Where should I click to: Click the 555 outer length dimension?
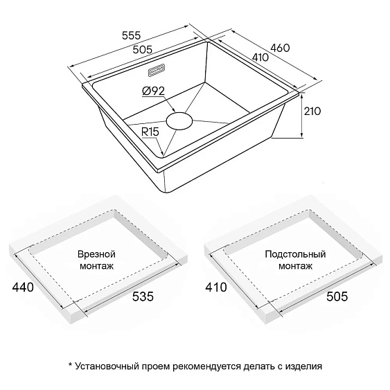[132, 35]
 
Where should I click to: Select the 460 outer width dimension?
[280, 48]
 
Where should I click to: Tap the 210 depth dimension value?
[312, 111]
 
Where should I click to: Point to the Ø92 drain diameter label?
[154, 91]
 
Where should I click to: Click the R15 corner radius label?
[150, 132]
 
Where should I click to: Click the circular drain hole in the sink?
[179, 121]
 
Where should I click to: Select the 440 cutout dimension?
[23, 287]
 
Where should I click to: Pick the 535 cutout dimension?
[143, 296]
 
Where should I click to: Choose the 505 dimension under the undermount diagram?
[337, 296]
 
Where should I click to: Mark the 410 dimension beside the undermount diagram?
[216, 287]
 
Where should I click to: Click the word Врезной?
[96, 254]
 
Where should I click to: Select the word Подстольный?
[295, 254]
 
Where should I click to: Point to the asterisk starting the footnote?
[70, 365]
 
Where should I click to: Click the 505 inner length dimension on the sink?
[142, 49]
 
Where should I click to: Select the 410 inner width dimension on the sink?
[260, 57]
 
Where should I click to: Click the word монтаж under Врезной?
[96, 267]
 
